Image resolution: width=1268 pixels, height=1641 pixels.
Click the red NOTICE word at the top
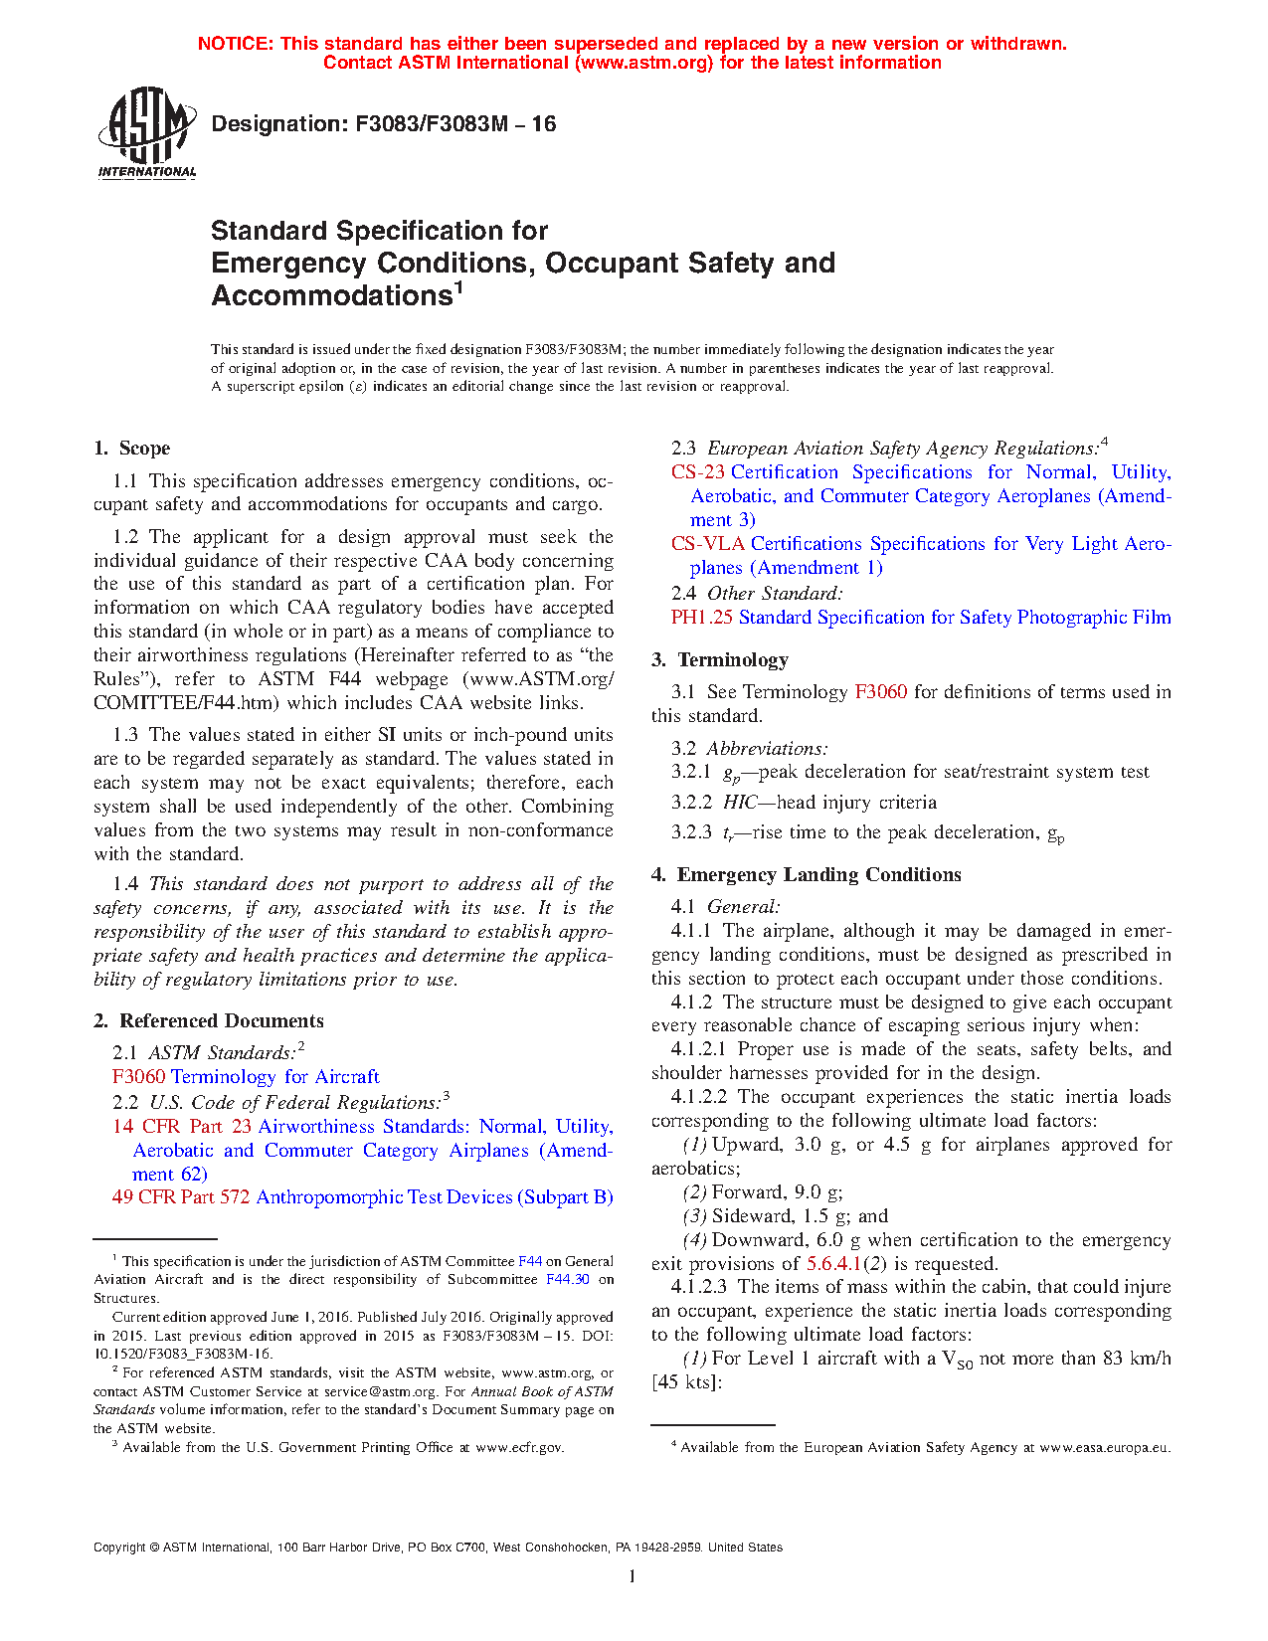[235, 44]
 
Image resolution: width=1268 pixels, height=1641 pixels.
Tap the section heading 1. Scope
[132, 449]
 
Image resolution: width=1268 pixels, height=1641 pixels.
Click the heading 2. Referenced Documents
[209, 1021]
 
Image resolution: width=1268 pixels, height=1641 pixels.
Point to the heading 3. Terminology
[720, 660]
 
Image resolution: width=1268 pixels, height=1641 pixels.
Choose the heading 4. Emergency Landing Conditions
[807, 875]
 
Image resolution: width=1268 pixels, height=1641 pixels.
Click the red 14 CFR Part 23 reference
[182, 1127]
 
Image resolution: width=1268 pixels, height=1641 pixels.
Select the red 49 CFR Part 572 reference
[181, 1197]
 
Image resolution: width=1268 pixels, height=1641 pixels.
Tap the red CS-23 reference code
[698, 472]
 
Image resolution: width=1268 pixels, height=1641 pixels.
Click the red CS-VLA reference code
[708, 544]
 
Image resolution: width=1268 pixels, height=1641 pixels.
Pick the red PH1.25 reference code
[702, 618]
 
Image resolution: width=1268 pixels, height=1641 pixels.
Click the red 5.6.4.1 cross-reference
[833, 1264]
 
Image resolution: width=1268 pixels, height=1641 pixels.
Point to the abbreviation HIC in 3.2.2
[740, 803]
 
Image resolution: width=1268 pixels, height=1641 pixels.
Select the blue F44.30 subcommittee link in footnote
[568, 1280]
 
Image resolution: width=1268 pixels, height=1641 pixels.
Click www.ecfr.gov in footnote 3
[519, 1448]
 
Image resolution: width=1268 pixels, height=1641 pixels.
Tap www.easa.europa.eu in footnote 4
[1105, 1448]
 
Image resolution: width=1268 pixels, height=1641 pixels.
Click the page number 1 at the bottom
[633, 1576]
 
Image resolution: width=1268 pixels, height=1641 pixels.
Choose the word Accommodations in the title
[331, 296]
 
